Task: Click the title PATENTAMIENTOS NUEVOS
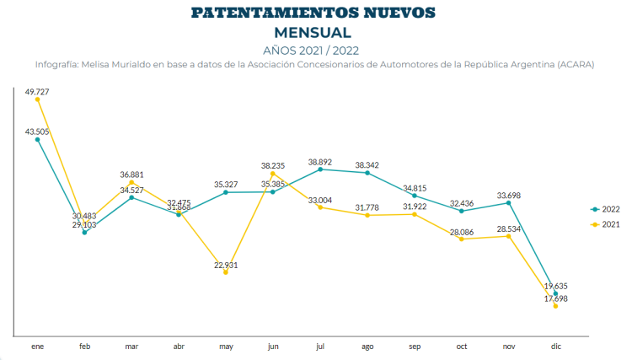coord(313,13)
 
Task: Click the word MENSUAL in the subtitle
coord(313,32)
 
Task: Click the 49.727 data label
coord(37,90)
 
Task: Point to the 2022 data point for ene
coord(37,139)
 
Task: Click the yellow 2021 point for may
coord(226,272)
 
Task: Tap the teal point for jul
coord(320,169)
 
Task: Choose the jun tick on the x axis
coord(273,347)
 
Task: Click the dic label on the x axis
coord(556,347)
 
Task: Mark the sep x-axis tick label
coord(415,347)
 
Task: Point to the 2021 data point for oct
coord(462,239)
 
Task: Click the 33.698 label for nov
coord(509,196)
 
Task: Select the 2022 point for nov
coord(509,202)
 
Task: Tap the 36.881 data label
coord(131,175)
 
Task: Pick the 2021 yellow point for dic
coord(556,306)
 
